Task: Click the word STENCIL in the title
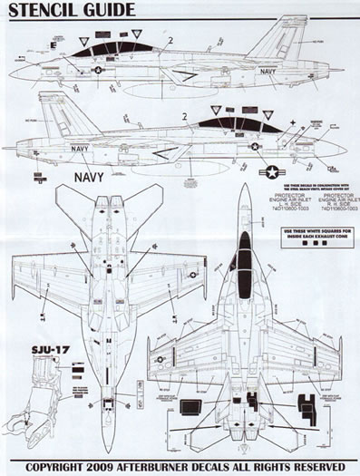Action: [x=47, y=13]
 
